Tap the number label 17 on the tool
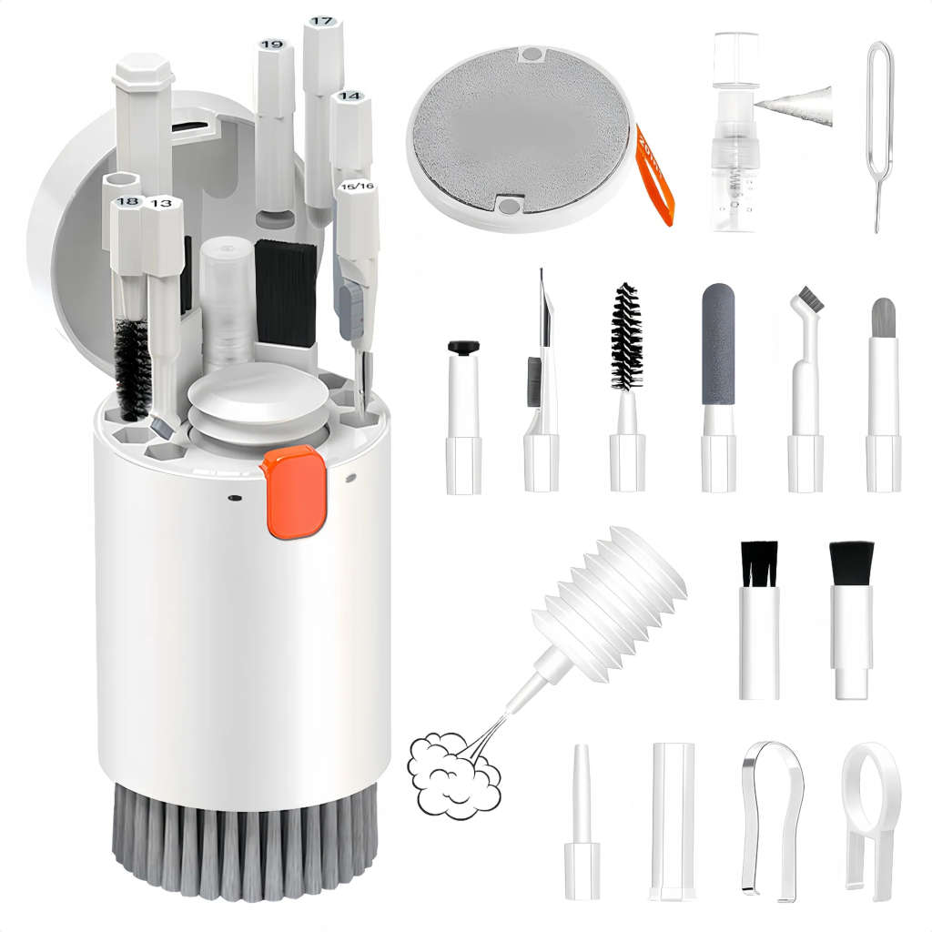[x=321, y=21]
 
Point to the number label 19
[x=270, y=45]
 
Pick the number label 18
[x=127, y=202]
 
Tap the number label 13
[x=161, y=203]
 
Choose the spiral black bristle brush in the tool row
[x=626, y=337]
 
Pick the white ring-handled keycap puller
[x=870, y=810]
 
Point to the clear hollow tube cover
[x=673, y=819]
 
